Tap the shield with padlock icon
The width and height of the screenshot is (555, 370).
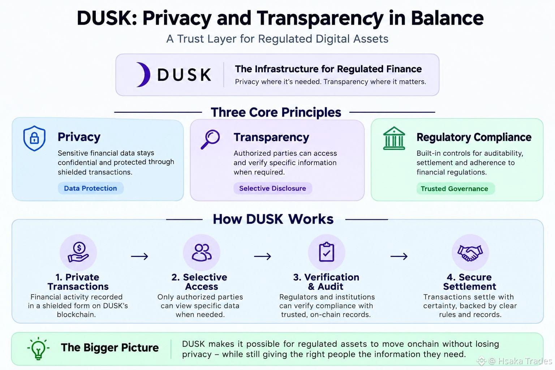pos(34,138)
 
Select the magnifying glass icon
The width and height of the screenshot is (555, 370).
pos(210,139)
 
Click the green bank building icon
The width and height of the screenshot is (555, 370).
pos(394,138)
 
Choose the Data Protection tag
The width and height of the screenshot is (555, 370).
pos(90,188)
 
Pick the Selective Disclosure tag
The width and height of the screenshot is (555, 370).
pos(272,188)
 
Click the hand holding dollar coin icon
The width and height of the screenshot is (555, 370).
pos(78,252)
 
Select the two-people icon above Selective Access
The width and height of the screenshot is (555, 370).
pos(202,252)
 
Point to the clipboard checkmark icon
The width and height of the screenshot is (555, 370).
pos(327,252)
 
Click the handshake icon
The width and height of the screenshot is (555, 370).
pos(470,253)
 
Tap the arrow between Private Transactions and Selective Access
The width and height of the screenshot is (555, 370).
pos(139,256)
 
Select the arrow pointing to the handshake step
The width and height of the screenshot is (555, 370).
pos(399,256)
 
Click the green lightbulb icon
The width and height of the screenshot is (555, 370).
pos(38,348)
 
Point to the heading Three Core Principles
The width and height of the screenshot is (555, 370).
pos(276,112)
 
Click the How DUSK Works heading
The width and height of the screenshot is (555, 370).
pos(273,219)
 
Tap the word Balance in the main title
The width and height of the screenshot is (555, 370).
pos(447,18)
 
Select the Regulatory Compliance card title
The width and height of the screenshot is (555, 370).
pos(474,137)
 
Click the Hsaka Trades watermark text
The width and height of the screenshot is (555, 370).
pos(525,361)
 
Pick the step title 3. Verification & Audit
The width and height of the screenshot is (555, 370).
pos(326,282)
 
